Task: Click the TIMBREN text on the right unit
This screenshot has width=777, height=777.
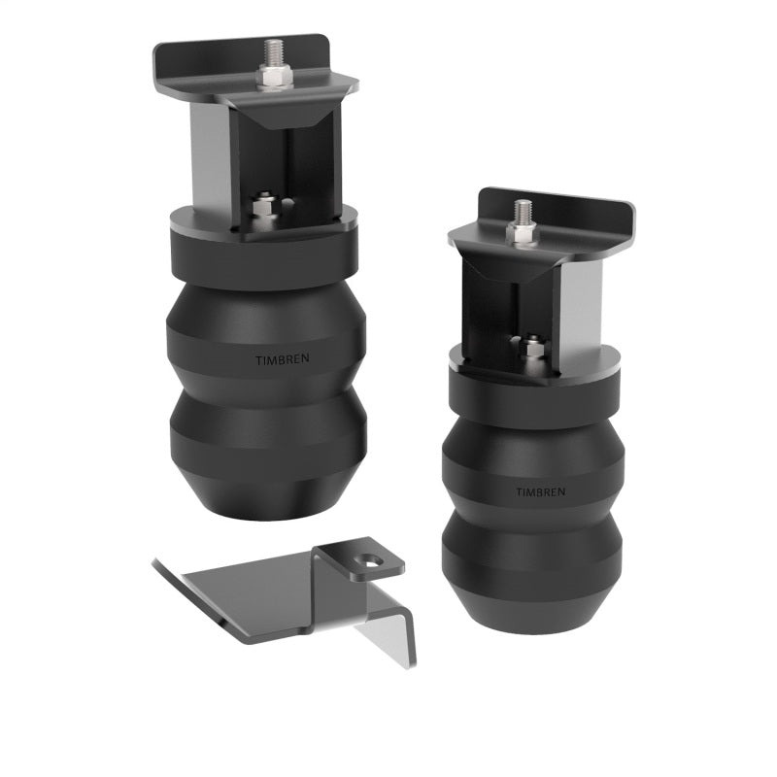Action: (539, 491)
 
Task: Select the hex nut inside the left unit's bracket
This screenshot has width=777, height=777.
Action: (262, 206)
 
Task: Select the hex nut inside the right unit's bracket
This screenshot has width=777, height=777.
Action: (532, 347)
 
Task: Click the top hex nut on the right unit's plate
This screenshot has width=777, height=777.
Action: (524, 233)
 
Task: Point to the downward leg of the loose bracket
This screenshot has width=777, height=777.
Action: (388, 636)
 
